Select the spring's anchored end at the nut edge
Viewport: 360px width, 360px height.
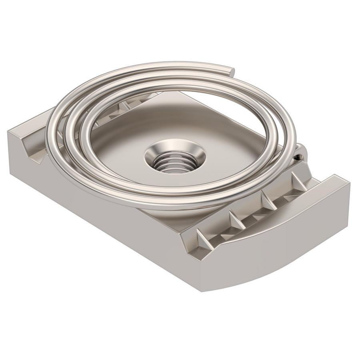(x=300, y=152)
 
